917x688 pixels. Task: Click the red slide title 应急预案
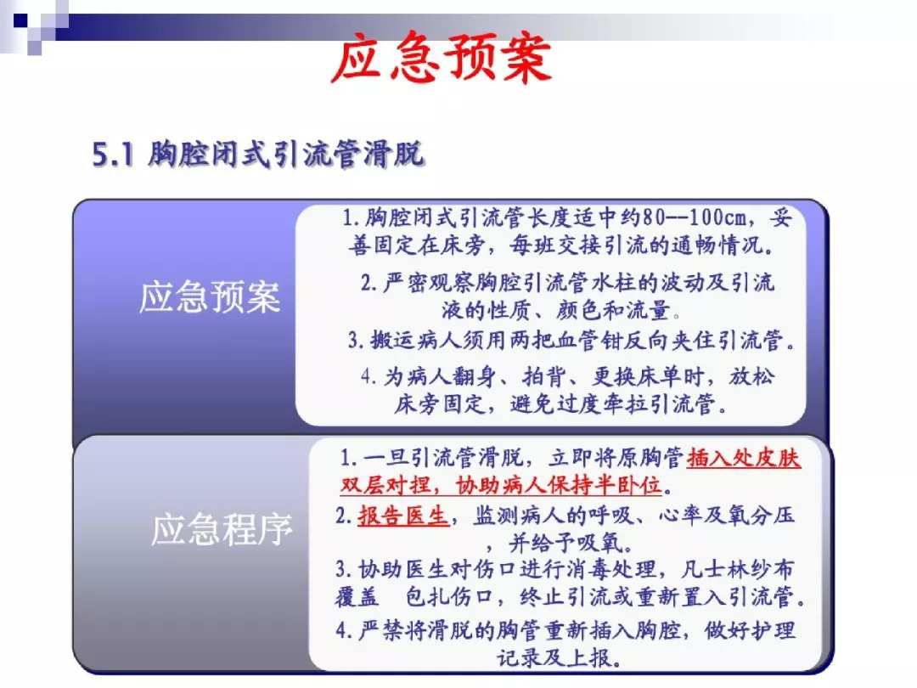tap(442, 58)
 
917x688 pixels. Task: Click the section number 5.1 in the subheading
tap(113, 155)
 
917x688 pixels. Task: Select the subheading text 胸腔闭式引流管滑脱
tap(286, 155)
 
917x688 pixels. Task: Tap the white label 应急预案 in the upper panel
tap(210, 296)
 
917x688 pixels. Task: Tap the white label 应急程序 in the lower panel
tap(222, 530)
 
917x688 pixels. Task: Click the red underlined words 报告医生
tap(403, 516)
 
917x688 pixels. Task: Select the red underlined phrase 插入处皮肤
tap(744, 458)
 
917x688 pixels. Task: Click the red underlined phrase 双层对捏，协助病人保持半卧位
tap(501, 485)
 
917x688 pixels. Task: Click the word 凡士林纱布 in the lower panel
tap(738, 569)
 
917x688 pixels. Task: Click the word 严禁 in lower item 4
tap(380, 630)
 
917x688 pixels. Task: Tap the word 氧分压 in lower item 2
tap(761, 516)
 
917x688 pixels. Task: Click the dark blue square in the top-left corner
tap(20, 21)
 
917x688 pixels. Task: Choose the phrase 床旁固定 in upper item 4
tap(440, 404)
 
